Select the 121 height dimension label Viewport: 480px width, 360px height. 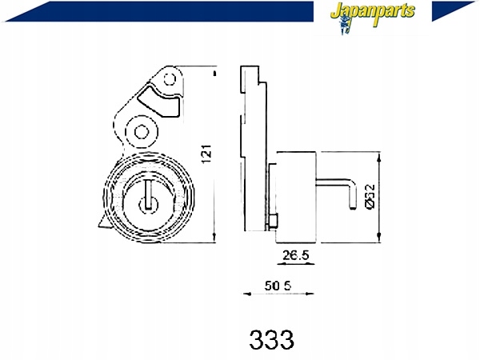coord(206,154)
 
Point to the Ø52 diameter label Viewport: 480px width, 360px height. coord(370,196)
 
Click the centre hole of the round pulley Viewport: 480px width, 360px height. coord(147,203)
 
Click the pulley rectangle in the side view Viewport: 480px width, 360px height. coord(295,196)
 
